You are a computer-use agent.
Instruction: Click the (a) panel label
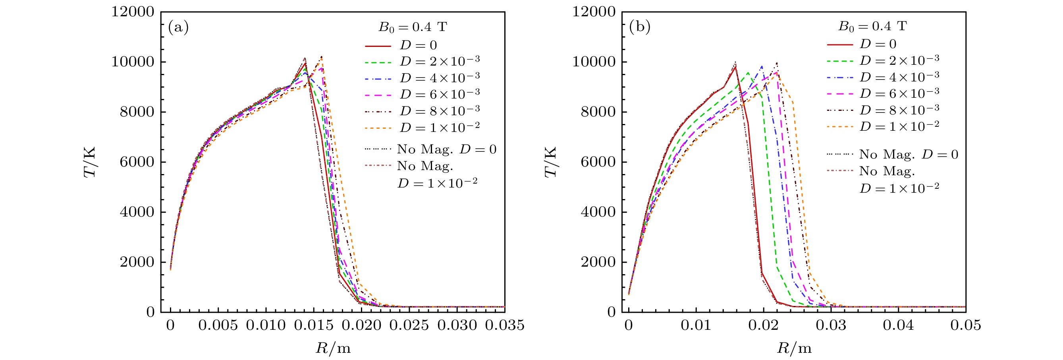coord(178,27)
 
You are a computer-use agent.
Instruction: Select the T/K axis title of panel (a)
coord(90,162)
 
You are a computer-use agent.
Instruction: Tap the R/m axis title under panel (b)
coord(794,348)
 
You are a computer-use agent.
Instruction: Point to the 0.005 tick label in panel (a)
coord(218,325)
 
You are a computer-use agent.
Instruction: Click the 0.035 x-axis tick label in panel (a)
coord(504,325)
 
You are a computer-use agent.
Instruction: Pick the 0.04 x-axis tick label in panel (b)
coord(898,325)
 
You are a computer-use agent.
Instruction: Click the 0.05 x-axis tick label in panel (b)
coord(965,325)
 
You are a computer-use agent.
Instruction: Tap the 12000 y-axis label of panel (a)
coord(133,12)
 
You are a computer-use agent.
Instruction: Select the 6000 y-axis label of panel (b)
coord(598,162)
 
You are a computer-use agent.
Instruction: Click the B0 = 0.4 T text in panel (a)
coord(413,27)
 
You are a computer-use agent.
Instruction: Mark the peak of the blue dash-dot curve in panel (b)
coord(762,66)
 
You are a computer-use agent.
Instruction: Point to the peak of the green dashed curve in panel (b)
coord(748,73)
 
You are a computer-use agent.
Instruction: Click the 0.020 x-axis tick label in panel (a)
coord(361,325)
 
